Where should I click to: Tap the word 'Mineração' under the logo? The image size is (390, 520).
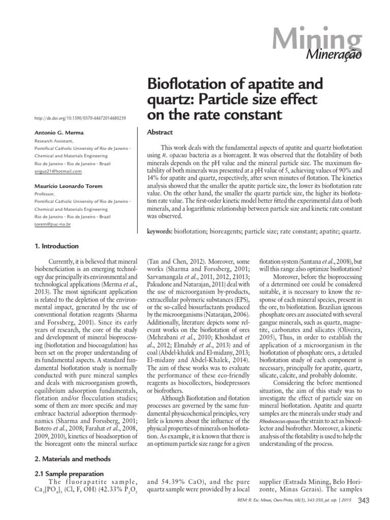(337, 55)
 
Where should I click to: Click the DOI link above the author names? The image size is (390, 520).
(80, 118)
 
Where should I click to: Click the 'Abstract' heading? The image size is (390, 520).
(160, 132)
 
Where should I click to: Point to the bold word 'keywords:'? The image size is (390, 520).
(159, 232)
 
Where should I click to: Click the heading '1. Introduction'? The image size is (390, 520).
(56, 246)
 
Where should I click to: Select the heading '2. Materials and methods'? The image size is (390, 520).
(72, 459)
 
